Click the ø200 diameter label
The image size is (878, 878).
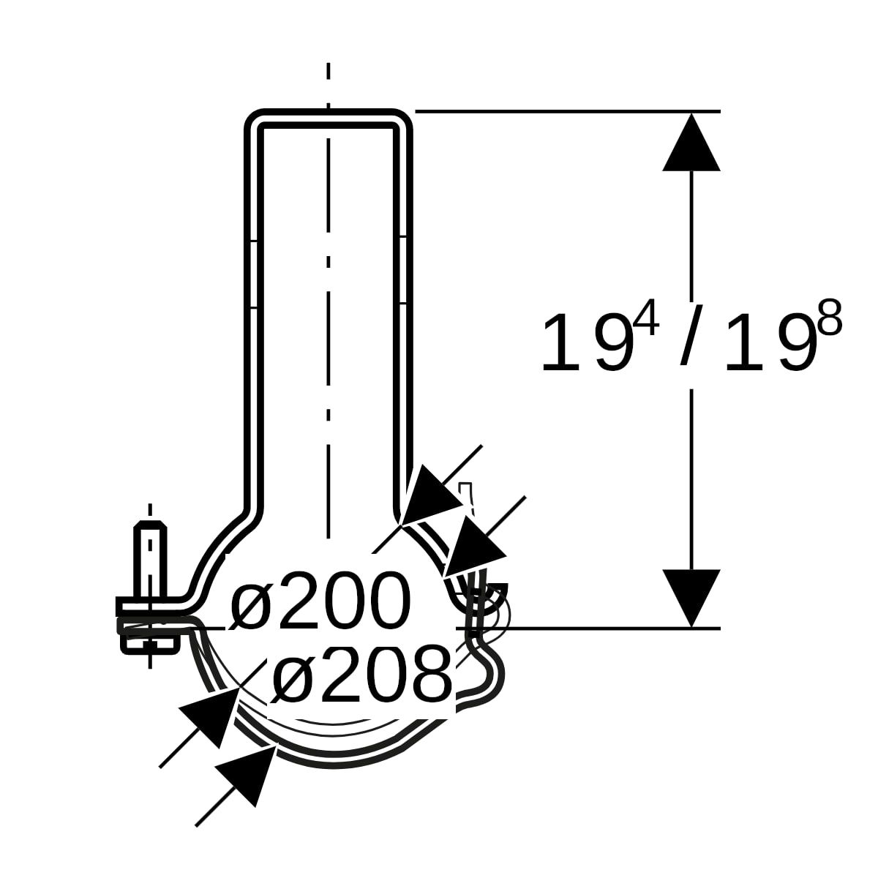point(320,601)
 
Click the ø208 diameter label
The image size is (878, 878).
point(361,673)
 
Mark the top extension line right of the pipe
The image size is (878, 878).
point(567,111)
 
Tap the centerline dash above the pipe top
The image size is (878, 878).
point(329,73)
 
